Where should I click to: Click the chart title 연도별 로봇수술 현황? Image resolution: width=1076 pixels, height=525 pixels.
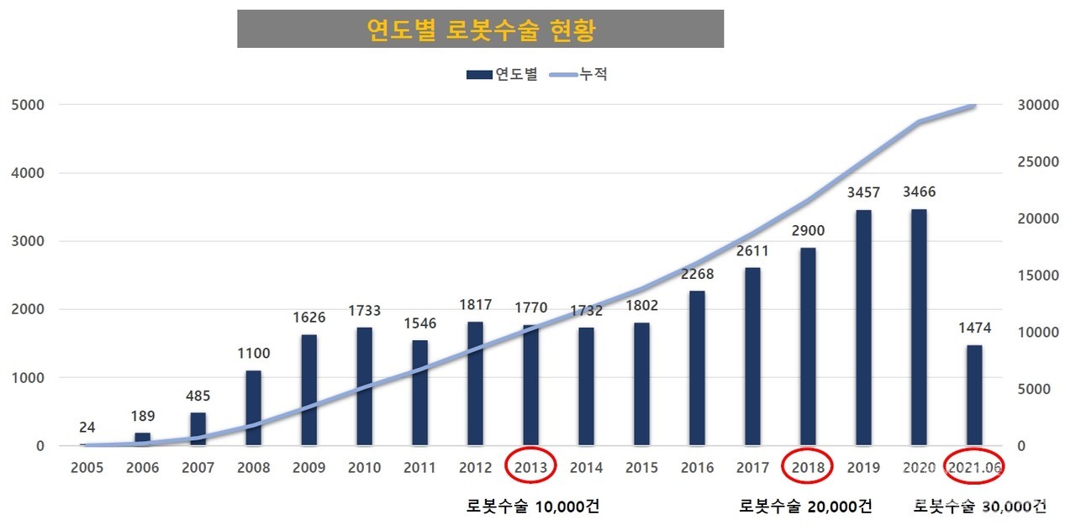coord(481,30)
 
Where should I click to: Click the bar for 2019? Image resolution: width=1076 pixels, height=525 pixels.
coord(863,328)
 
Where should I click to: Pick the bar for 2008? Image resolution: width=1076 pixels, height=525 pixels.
coord(254,408)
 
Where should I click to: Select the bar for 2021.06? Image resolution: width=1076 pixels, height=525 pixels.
coord(974,395)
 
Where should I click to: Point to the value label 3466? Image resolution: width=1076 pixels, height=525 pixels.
coord(919,192)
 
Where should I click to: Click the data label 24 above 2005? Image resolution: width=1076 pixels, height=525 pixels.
coord(87,427)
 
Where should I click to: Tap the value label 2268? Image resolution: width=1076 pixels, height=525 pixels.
coord(698,274)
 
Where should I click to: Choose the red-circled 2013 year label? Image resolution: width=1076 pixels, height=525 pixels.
coord(530,467)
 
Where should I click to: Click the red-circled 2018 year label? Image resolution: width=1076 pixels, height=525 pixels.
coord(808,467)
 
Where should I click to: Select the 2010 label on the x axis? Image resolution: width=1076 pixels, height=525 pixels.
coord(364,467)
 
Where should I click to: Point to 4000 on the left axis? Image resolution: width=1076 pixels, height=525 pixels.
coord(28,174)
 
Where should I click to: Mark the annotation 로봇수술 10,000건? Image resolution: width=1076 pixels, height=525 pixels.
coord(532,507)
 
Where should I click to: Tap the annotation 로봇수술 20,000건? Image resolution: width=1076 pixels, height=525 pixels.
coord(804,507)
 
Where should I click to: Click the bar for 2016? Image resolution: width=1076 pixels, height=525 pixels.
coord(697,368)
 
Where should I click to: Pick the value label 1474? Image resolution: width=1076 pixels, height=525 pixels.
coord(974,328)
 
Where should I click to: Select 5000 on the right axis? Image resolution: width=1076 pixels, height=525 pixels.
coord(1032,390)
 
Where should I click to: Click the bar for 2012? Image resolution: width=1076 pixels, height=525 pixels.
coord(476,383)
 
